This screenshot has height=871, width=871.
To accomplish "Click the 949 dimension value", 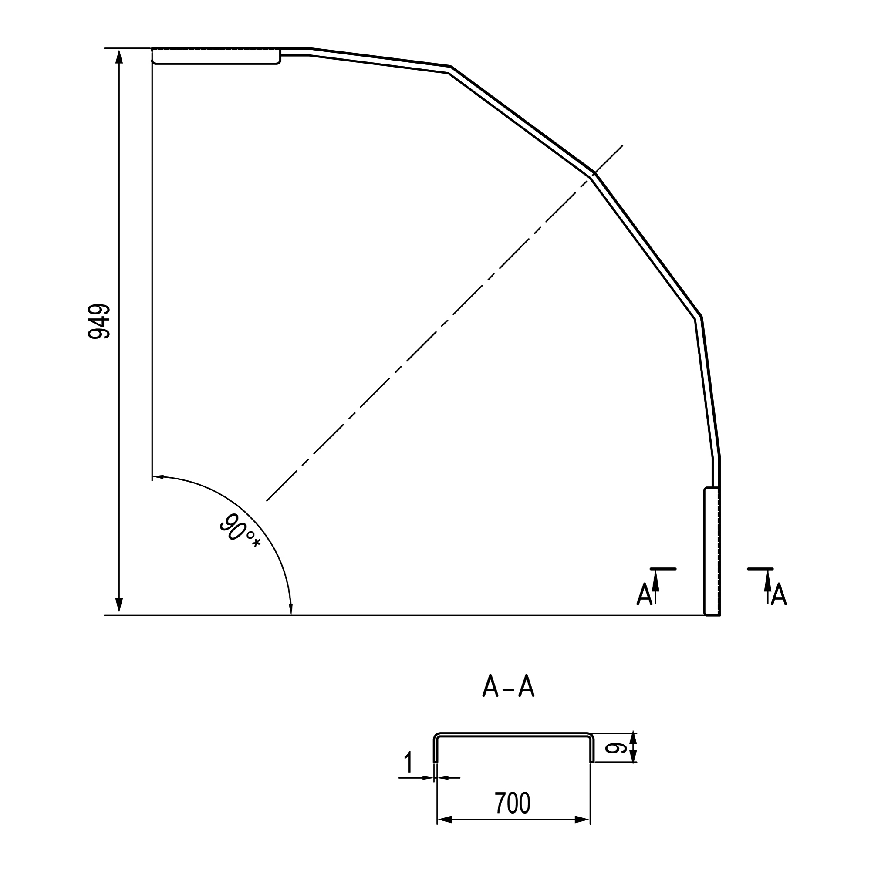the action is (x=99, y=321).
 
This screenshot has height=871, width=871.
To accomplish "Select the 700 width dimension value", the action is (x=513, y=803).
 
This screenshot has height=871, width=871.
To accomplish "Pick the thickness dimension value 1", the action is (x=408, y=763).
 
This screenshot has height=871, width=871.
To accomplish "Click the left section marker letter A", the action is (x=644, y=594).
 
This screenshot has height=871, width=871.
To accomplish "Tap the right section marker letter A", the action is (x=779, y=594).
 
